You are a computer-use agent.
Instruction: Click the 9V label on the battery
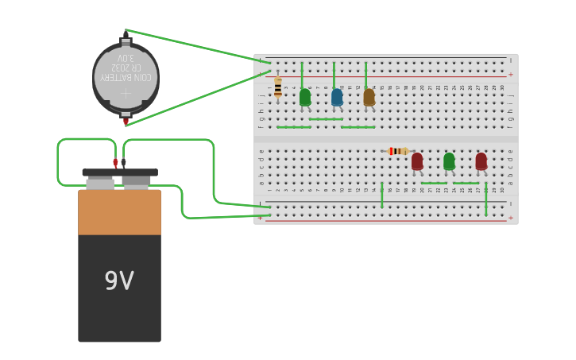pyautogui.click(x=119, y=281)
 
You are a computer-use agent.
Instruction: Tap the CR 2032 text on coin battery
pyautogui.click(x=125, y=68)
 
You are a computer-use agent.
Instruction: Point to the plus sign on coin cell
pyautogui.click(x=126, y=94)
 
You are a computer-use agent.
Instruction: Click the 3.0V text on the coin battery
pyautogui.click(x=125, y=58)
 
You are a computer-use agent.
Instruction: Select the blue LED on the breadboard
pyautogui.click(x=337, y=97)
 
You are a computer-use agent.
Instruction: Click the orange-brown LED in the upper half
pyautogui.click(x=369, y=97)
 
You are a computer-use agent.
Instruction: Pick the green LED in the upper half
pyautogui.click(x=305, y=97)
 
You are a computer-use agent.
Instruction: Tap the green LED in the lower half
pyautogui.click(x=449, y=161)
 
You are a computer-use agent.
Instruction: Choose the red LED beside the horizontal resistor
pyautogui.click(x=417, y=161)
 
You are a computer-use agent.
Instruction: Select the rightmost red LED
pyautogui.click(x=481, y=161)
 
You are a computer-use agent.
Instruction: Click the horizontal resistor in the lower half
pyautogui.click(x=398, y=151)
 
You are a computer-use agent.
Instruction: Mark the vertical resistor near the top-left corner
pyautogui.click(x=277, y=87)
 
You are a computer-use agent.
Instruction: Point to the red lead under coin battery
pyautogui.click(x=126, y=122)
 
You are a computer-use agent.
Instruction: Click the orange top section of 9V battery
pyautogui.click(x=119, y=211)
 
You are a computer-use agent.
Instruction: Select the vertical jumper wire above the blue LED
pyautogui.click(x=334, y=75)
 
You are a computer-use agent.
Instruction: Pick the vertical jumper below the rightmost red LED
pyautogui.click(x=485, y=199)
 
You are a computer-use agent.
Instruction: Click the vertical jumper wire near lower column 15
pyautogui.click(x=382, y=195)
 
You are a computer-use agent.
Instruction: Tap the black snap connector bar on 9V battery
pyautogui.click(x=119, y=172)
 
